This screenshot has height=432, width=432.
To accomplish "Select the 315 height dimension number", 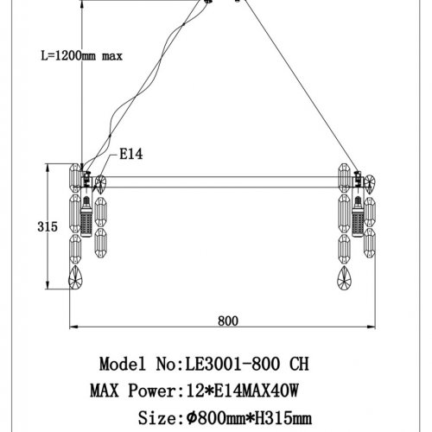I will tap(48, 226).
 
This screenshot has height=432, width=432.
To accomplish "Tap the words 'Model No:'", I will tap(138, 363).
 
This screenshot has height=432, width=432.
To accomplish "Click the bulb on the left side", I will tap(87, 220).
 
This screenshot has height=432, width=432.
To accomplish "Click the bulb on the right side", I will tap(356, 220).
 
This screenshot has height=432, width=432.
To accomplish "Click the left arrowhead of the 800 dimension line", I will tap(73, 327).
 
